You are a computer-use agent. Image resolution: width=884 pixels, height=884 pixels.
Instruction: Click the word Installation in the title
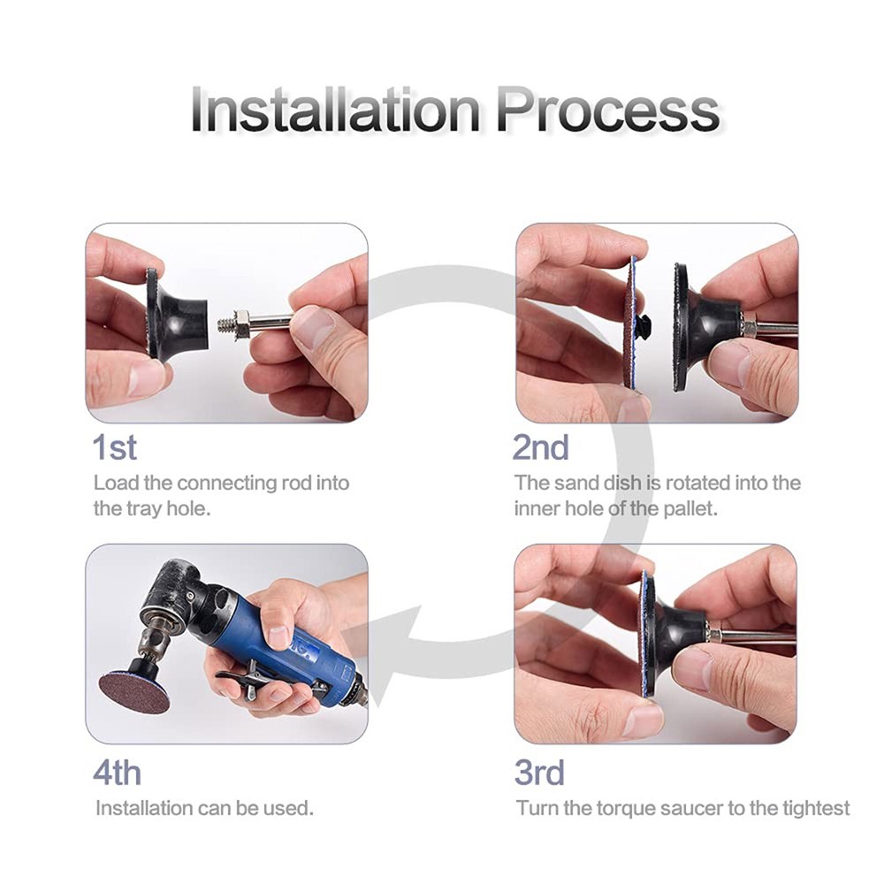click(336, 110)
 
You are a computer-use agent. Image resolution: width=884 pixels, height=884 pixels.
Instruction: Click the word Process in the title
click(606, 110)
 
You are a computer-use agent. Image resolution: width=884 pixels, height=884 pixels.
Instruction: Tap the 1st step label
click(115, 447)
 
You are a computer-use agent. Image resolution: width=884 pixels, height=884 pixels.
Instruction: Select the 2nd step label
click(540, 447)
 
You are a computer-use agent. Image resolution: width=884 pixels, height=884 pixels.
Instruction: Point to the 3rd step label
click(539, 773)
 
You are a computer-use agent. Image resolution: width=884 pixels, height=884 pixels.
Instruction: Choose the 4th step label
click(117, 773)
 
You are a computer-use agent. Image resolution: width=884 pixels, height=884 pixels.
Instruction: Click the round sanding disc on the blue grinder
click(134, 690)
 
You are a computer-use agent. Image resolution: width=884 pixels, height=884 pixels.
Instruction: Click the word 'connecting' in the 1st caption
click(226, 484)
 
